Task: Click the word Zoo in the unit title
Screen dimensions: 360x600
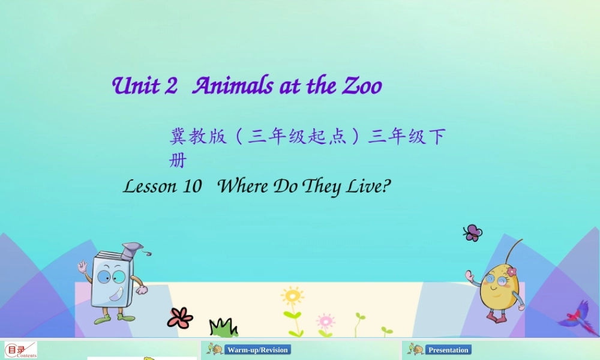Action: click(x=362, y=86)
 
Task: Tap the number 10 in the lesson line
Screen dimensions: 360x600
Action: click(x=191, y=187)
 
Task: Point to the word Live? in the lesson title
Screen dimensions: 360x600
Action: click(x=368, y=187)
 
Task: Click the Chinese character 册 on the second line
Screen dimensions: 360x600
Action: click(x=178, y=161)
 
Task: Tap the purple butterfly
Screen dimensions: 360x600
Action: click(x=473, y=233)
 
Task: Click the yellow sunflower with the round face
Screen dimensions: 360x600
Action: click(x=292, y=296)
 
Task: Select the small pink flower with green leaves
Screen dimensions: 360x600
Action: click(x=325, y=321)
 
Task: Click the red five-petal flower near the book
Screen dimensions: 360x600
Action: click(x=180, y=317)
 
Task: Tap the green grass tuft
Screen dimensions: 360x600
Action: click(x=223, y=328)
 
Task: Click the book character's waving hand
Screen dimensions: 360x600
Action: click(x=82, y=266)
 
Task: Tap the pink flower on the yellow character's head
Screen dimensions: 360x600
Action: click(x=511, y=272)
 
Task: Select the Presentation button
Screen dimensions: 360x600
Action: click(x=448, y=350)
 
